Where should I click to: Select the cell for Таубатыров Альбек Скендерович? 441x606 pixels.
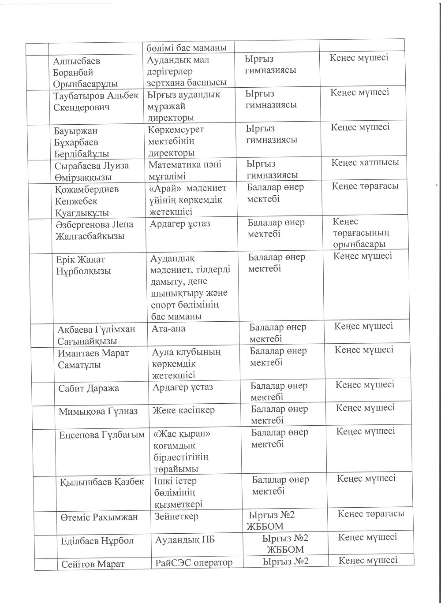click(96, 101)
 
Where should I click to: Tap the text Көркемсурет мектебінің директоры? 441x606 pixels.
click(176, 141)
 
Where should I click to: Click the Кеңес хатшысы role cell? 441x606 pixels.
click(365, 162)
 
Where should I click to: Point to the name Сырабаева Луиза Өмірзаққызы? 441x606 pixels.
click(92, 171)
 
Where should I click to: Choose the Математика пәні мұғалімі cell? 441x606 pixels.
click(185, 170)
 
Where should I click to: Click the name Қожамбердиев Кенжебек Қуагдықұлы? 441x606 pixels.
click(87, 201)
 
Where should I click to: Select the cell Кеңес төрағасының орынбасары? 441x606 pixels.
click(361, 233)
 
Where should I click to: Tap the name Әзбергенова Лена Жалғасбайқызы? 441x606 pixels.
click(94, 230)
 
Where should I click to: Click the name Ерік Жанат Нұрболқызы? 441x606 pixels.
click(83, 265)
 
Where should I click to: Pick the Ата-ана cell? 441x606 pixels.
click(168, 328)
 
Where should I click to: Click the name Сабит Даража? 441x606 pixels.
click(88, 388)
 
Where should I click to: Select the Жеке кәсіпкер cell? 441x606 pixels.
click(183, 410)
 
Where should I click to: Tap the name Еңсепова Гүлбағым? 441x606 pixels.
click(102, 435)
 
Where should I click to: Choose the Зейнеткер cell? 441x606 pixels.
click(176, 516)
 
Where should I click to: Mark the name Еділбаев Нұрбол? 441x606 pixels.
click(97, 541)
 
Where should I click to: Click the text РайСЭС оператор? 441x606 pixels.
click(194, 562)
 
